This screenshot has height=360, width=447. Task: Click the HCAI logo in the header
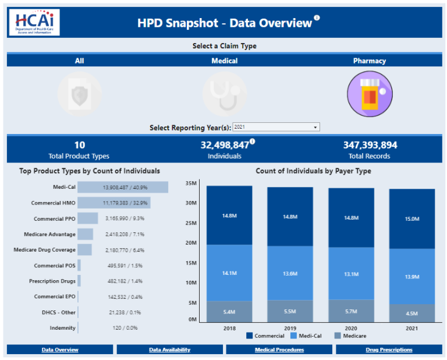pyautogui.click(x=34, y=22)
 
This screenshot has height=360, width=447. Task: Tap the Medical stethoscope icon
pyautogui.click(x=224, y=94)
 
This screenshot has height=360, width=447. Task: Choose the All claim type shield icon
pyautogui.click(x=79, y=94)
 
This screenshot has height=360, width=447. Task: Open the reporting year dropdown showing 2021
pyautogui.click(x=275, y=127)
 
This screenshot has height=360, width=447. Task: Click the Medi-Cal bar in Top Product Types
pyautogui.click(x=123, y=188)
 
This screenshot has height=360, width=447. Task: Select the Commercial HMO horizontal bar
pyautogui.click(x=114, y=203)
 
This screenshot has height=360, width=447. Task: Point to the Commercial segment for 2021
pyautogui.click(x=411, y=219)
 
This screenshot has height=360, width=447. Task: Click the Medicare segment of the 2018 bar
pyautogui.click(x=229, y=312)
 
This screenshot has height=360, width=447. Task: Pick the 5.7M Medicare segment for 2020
pyautogui.click(x=351, y=311)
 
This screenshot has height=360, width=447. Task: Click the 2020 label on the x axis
pyautogui.click(x=351, y=328)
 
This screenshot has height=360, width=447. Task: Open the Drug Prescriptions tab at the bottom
pyautogui.click(x=389, y=350)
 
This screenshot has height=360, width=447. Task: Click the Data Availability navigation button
pyautogui.click(x=169, y=350)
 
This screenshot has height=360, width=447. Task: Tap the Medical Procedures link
pyautogui.click(x=279, y=350)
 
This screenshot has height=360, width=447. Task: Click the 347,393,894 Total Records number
pyautogui.click(x=370, y=145)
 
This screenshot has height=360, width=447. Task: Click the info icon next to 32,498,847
pyautogui.click(x=253, y=141)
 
